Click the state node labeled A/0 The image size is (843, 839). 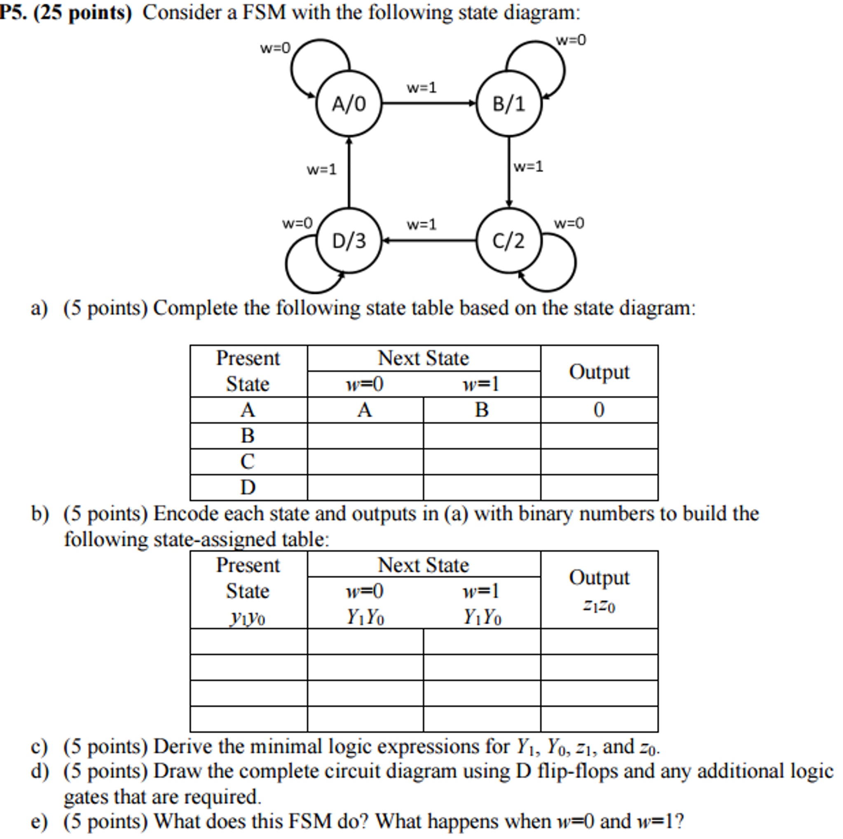tap(349, 104)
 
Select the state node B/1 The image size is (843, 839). tap(509, 104)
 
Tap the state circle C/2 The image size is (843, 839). tap(509, 241)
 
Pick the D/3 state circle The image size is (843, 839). tap(349, 241)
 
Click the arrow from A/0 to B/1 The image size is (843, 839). tap(429, 103)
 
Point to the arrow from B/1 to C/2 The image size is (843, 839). tap(509, 172)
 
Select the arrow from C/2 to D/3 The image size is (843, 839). tap(429, 240)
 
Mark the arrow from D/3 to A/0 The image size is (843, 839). tap(349, 172)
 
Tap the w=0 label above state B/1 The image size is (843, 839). tap(571, 40)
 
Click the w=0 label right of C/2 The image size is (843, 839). tap(569, 223)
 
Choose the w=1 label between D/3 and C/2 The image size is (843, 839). tap(421, 224)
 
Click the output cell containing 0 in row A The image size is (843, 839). tap(599, 410)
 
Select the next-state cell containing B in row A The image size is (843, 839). tap(482, 410)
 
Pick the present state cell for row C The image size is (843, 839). tap(248, 461)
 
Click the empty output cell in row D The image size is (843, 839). tap(599, 487)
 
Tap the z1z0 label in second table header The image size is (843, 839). tap(599, 605)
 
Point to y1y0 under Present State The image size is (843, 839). tap(248, 617)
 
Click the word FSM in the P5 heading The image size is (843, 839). tap(264, 12)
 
